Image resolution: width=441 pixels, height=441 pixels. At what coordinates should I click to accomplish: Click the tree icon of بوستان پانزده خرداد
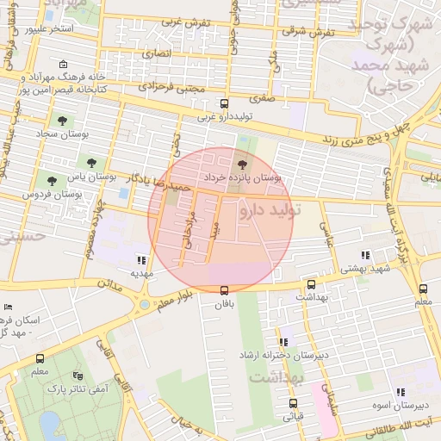pyautogui.click(x=240, y=163)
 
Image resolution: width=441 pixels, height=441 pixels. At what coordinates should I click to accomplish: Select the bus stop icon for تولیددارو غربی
pyautogui.click(x=225, y=102)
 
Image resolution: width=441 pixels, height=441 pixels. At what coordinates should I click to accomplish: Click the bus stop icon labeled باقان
pyautogui.click(x=225, y=289)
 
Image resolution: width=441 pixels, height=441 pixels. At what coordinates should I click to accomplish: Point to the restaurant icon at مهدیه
pyautogui.click(x=141, y=259)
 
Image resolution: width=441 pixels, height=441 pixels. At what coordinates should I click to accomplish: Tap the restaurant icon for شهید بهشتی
pyautogui.click(x=366, y=255)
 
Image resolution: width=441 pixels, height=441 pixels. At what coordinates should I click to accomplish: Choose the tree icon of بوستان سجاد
pyautogui.click(x=61, y=120)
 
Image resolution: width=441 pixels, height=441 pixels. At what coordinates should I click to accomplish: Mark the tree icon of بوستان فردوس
pyautogui.click(x=53, y=181)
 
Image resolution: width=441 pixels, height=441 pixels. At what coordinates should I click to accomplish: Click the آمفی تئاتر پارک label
pyautogui.click(x=90, y=389)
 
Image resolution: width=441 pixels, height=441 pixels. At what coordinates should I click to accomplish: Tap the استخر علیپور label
pyautogui.click(x=48, y=28)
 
